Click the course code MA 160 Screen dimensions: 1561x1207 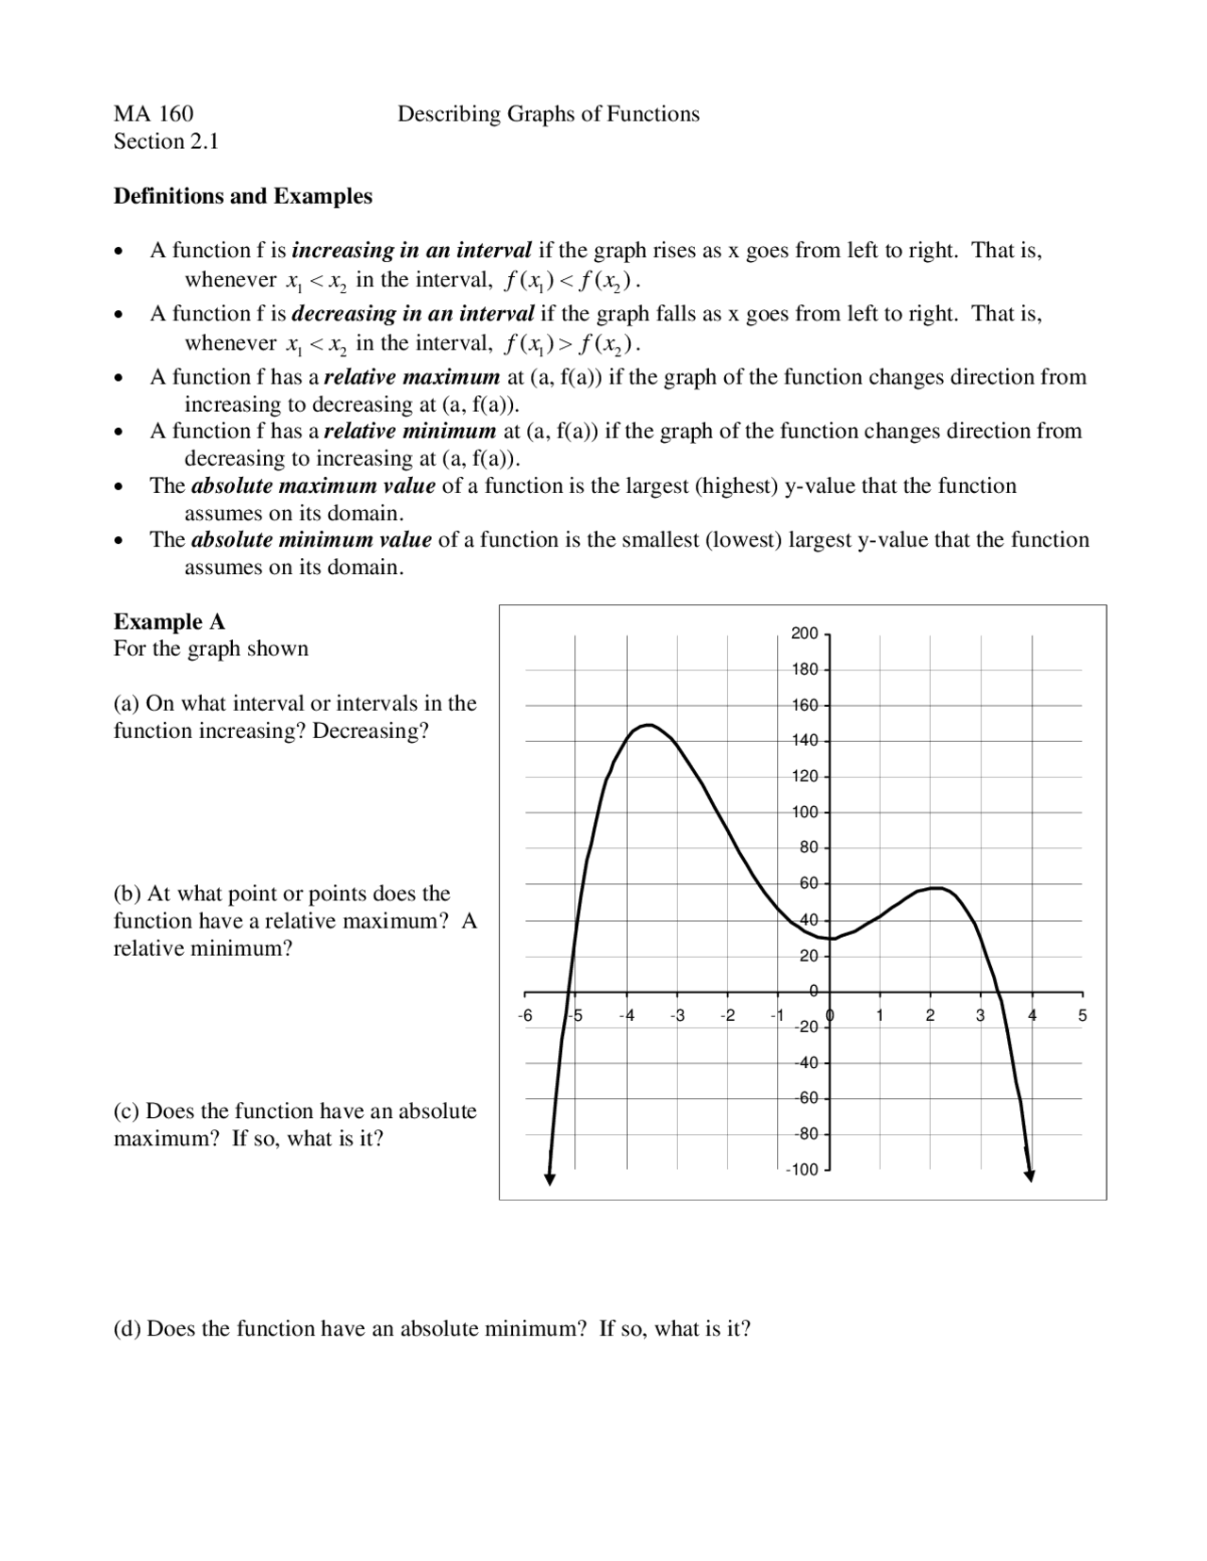(153, 114)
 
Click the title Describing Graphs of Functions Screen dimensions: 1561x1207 (548, 114)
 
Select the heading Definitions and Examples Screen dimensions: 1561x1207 (242, 196)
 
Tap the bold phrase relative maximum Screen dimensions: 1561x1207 (412, 377)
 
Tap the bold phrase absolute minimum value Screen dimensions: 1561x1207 (311, 540)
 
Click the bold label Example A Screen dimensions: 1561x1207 (169, 621)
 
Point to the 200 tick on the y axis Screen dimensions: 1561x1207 (803, 633)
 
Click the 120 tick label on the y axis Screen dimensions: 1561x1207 (803, 777)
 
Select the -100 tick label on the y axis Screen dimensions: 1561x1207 (802, 1170)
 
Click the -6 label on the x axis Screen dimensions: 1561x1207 (525, 1016)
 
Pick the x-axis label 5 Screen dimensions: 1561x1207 (1083, 1016)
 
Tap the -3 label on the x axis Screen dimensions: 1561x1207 (676, 1016)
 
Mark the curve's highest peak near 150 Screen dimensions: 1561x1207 (647, 725)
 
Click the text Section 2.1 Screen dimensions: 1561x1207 (166, 141)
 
